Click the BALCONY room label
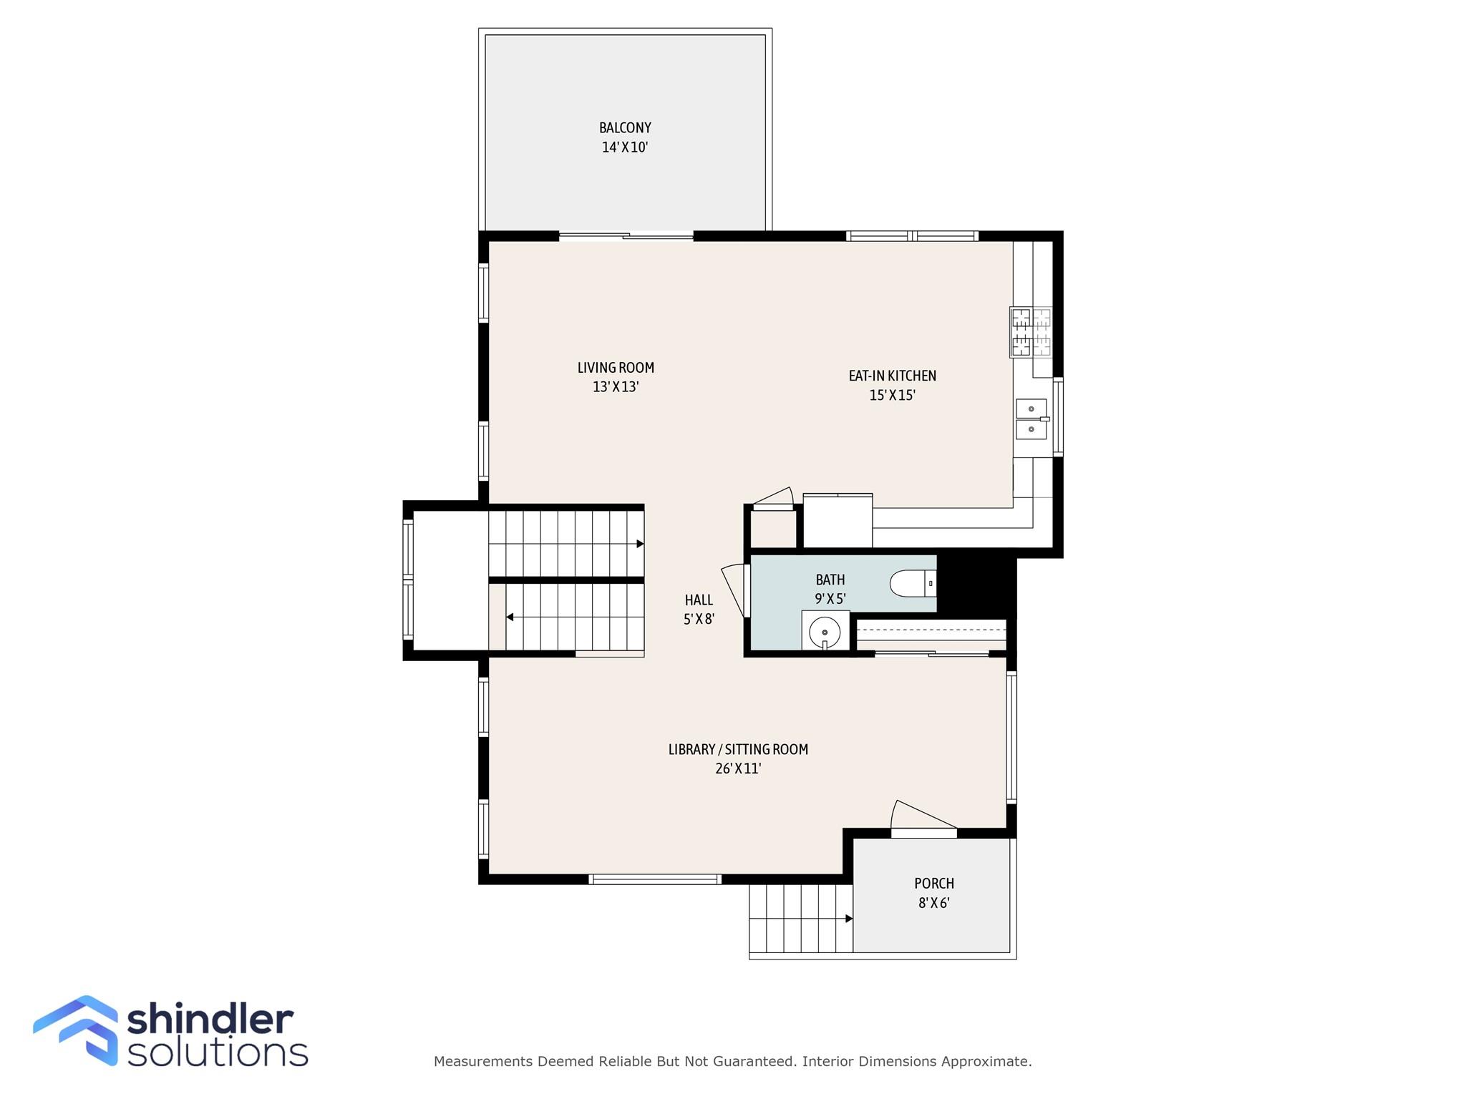point(625,128)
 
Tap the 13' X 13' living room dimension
point(616,387)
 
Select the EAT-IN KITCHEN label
point(892,376)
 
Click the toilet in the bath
point(913,583)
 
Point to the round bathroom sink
point(825,632)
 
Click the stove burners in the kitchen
point(1031,332)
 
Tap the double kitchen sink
point(1031,419)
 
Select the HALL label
point(699,600)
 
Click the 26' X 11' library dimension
point(738,769)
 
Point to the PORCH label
point(934,884)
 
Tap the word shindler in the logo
point(210,1019)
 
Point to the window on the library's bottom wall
point(654,879)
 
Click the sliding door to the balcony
point(626,236)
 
